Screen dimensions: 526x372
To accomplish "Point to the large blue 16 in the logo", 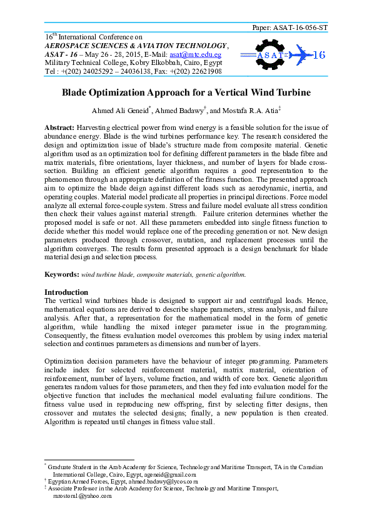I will tap(318, 55).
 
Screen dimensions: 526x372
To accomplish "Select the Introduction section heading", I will tap(66, 292).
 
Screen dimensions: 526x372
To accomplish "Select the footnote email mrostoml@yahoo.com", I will tap(82, 496).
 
